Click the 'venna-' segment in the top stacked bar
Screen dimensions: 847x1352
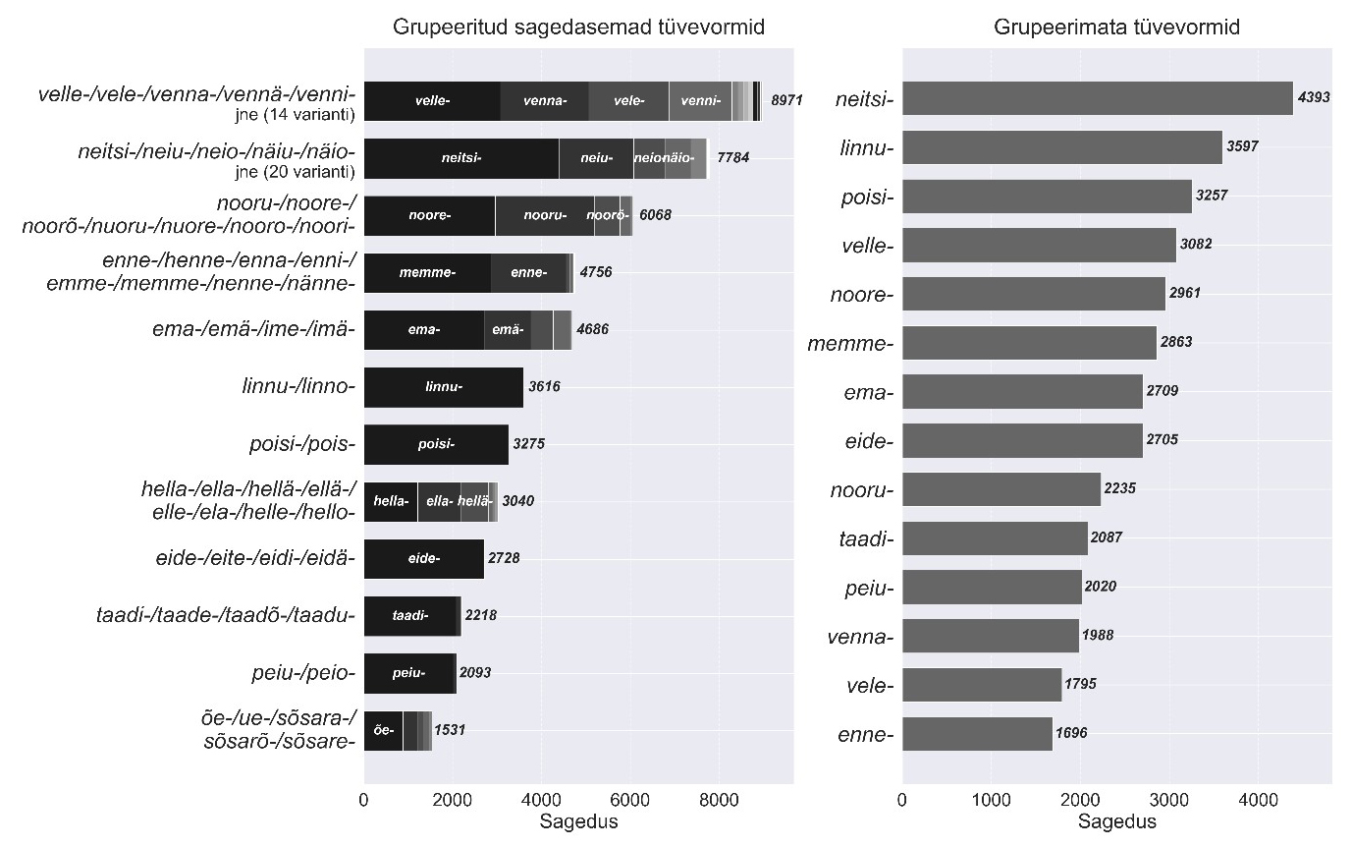544,101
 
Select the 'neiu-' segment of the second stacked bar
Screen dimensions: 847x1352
596,158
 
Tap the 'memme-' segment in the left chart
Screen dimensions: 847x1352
427,272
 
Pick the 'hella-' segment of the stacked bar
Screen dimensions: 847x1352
391,501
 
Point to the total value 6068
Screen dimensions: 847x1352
655,215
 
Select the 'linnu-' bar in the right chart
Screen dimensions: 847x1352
1061,147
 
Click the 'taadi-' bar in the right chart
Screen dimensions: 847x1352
994,537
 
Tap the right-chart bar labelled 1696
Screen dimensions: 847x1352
976,733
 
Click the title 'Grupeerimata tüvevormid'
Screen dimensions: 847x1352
1116,28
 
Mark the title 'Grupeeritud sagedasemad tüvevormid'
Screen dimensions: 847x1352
578,28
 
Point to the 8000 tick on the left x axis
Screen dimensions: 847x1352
719,802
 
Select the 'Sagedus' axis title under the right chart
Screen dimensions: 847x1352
1116,821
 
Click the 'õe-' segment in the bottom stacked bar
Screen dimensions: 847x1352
383,730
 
